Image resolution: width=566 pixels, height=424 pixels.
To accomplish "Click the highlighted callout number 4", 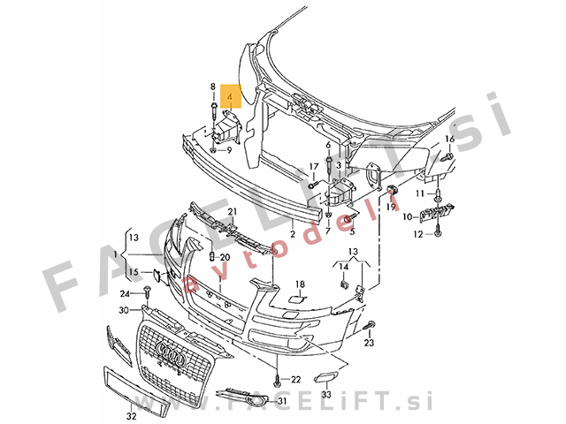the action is (x=230, y=96).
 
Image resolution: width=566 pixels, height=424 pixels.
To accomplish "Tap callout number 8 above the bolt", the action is (x=213, y=87).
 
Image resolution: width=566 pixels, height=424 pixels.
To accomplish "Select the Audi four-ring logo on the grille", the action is (x=171, y=352).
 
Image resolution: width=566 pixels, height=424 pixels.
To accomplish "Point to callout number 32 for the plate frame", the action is (x=132, y=416).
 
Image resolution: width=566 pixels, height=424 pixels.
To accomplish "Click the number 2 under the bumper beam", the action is (x=293, y=233).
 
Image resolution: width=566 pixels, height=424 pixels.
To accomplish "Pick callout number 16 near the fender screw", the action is (x=450, y=139).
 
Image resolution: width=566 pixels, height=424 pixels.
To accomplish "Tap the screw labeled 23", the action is (x=370, y=325).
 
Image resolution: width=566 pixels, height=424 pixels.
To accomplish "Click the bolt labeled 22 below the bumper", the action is (x=277, y=379).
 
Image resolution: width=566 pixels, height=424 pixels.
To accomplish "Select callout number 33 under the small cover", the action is (x=326, y=394).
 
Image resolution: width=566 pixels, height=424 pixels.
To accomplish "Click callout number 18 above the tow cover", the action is (x=301, y=284).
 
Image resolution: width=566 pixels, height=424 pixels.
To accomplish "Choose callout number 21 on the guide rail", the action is (x=232, y=211).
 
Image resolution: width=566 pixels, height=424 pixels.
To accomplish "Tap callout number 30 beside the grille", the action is (x=124, y=310).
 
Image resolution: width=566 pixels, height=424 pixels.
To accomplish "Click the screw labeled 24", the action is (x=148, y=292).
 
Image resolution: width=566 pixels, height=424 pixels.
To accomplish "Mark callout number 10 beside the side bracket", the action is (x=407, y=216).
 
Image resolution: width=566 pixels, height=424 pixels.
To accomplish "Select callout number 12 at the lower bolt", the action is (x=418, y=234).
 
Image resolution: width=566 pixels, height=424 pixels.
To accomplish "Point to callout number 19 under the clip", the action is (x=391, y=207).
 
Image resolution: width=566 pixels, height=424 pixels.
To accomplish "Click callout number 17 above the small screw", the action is (x=314, y=167).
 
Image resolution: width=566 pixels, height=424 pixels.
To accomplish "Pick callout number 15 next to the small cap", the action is (x=134, y=271).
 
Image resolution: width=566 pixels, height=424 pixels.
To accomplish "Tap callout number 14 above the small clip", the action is (x=344, y=267).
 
